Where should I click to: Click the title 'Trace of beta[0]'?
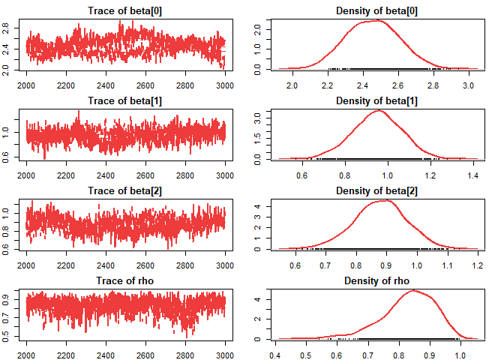point(125,11)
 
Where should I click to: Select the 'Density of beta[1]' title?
point(376,101)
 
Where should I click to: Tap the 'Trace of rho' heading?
point(125,281)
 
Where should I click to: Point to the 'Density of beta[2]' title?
point(376,191)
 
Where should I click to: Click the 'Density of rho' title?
point(376,281)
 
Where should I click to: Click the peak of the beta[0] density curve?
point(378,20)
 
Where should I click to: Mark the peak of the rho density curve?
point(413,290)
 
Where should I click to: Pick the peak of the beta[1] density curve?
point(379,110)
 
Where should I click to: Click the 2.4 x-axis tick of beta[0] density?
point(362,85)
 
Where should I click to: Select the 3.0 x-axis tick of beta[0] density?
point(468,85)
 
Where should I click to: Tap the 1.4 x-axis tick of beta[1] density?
point(472,175)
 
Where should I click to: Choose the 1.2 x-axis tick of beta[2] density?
point(478,265)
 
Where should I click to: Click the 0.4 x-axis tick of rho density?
point(274,355)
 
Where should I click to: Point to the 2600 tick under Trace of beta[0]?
point(145,85)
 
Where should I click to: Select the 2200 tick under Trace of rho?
point(66,355)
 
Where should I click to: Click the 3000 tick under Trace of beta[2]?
point(225,265)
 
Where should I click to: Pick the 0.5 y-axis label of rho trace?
point(5,337)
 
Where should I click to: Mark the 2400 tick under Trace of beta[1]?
point(106,175)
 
